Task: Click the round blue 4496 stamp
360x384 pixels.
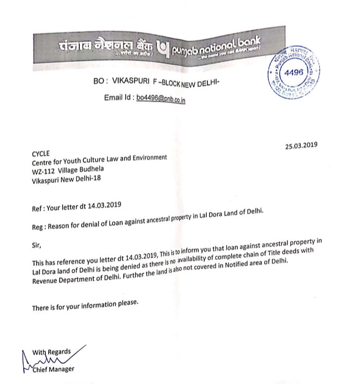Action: click(x=294, y=73)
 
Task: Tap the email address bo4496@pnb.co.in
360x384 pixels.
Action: click(x=161, y=99)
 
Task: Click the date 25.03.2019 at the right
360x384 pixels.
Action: click(x=301, y=145)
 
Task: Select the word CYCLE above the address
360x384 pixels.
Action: click(x=40, y=154)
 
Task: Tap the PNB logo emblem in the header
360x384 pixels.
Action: click(x=162, y=47)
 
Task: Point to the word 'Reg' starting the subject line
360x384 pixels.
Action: click(x=38, y=227)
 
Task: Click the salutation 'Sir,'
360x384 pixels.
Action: click(x=36, y=244)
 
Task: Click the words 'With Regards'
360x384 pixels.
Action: click(x=51, y=352)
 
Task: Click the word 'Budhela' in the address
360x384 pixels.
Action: click(x=91, y=169)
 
